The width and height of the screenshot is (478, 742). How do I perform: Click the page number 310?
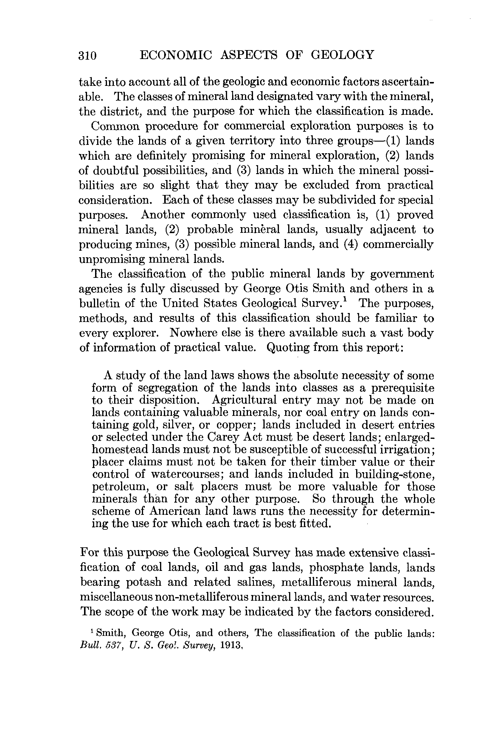88,55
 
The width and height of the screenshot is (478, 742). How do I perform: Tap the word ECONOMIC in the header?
176,55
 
